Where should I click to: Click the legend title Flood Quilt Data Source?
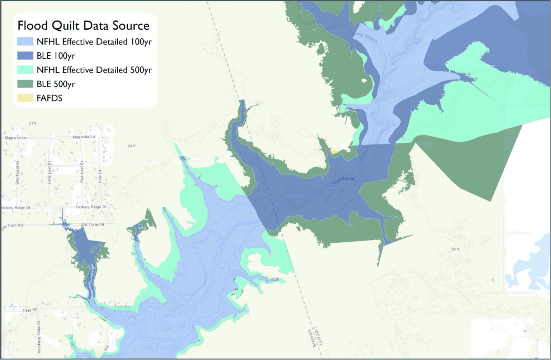pyautogui.click(x=84, y=25)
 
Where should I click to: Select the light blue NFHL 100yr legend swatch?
pyautogui.click(x=25, y=42)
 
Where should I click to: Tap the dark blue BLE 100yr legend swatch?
pyautogui.click(x=25, y=56)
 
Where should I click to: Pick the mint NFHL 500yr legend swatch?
pyautogui.click(x=25, y=70)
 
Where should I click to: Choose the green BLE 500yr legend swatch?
pyautogui.click(x=25, y=84)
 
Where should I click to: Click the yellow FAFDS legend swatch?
pyautogui.click(x=25, y=98)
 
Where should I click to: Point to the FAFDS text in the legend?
pyautogui.click(x=50, y=98)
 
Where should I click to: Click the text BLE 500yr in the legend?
pyautogui.click(x=56, y=84)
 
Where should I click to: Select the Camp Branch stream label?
pyautogui.click(x=366, y=38)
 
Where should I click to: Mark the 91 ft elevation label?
pyautogui.click(x=33, y=123)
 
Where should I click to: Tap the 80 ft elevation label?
pyautogui.click(x=455, y=249)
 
